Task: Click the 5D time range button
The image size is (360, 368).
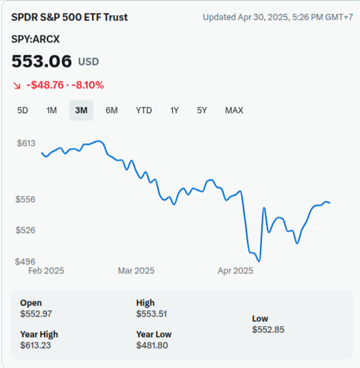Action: click(23, 110)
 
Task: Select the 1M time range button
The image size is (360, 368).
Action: click(51, 110)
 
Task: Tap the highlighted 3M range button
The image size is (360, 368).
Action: click(81, 110)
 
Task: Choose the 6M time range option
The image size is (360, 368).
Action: click(112, 110)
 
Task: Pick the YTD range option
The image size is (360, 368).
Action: click(144, 110)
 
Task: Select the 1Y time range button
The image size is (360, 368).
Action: click(174, 110)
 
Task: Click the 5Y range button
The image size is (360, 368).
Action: click(202, 110)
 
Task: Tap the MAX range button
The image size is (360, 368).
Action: click(234, 110)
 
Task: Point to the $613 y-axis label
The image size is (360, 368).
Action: click(26, 143)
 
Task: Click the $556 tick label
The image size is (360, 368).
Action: click(25, 199)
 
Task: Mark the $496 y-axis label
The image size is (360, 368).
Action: click(25, 262)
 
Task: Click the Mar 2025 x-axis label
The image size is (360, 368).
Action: click(136, 271)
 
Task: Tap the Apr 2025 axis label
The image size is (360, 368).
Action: click(235, 271)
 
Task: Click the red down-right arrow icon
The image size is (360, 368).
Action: click(16, 86)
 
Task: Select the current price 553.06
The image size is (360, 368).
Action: click(42, 61)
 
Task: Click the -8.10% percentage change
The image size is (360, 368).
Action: click(88, 85)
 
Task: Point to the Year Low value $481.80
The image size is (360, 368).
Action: click(152, 345)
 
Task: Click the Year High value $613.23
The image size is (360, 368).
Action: click(36, 345)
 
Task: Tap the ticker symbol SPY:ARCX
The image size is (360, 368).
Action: click(36, 39)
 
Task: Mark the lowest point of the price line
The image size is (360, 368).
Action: click(259, 261)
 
